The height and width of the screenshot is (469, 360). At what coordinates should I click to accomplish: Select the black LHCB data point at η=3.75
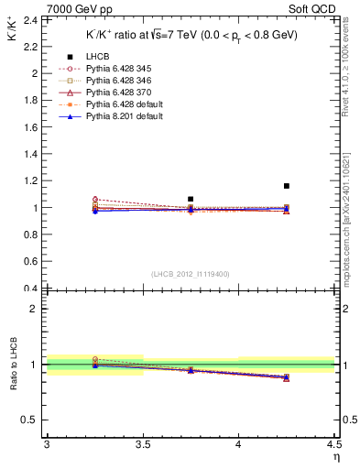click(191, 199)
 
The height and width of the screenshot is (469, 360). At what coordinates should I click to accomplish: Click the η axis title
click(335, 457)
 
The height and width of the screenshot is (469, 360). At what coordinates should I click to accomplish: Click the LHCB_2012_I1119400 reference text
click(191, 274)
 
